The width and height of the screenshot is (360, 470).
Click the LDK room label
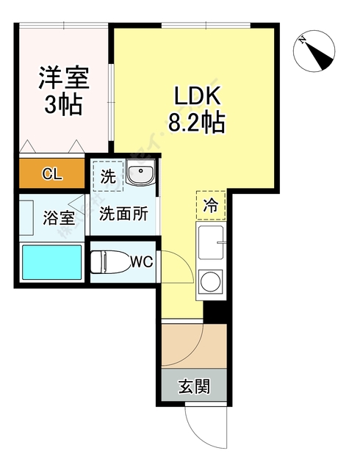pyautogui.click(x=196, y=95)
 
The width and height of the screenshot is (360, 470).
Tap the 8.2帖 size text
pyautogui.click(x=196, y=121)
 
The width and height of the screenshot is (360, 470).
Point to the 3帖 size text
pyautogui.click(x=62, y=104)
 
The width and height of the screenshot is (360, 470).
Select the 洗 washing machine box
pyautogui.click(x=108, y=176)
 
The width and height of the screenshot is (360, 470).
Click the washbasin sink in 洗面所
pyautogui.click(x=140, y=175)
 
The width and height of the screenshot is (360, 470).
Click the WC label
pyautogui.click(x=142, y=261)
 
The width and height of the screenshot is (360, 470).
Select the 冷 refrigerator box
pyautogui.click(x=210, y=206)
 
